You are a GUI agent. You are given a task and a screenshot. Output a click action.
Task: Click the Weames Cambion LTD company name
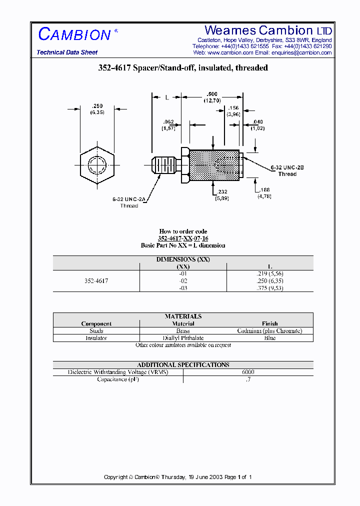coord(268,30)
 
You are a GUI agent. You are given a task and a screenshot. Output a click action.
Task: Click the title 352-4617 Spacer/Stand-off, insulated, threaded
coord(183,68)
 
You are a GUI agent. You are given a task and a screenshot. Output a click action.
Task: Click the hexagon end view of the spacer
coord(96,164)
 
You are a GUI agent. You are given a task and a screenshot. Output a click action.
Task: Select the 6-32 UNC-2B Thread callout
coord(287,171)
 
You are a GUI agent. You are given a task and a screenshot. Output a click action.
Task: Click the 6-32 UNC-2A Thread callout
coord(128,202)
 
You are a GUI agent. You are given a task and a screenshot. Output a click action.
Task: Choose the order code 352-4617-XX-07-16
coord(183,238)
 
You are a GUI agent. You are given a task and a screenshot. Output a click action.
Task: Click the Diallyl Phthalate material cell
coord(183,338)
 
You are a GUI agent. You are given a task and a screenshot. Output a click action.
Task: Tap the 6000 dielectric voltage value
coord(248,372)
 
